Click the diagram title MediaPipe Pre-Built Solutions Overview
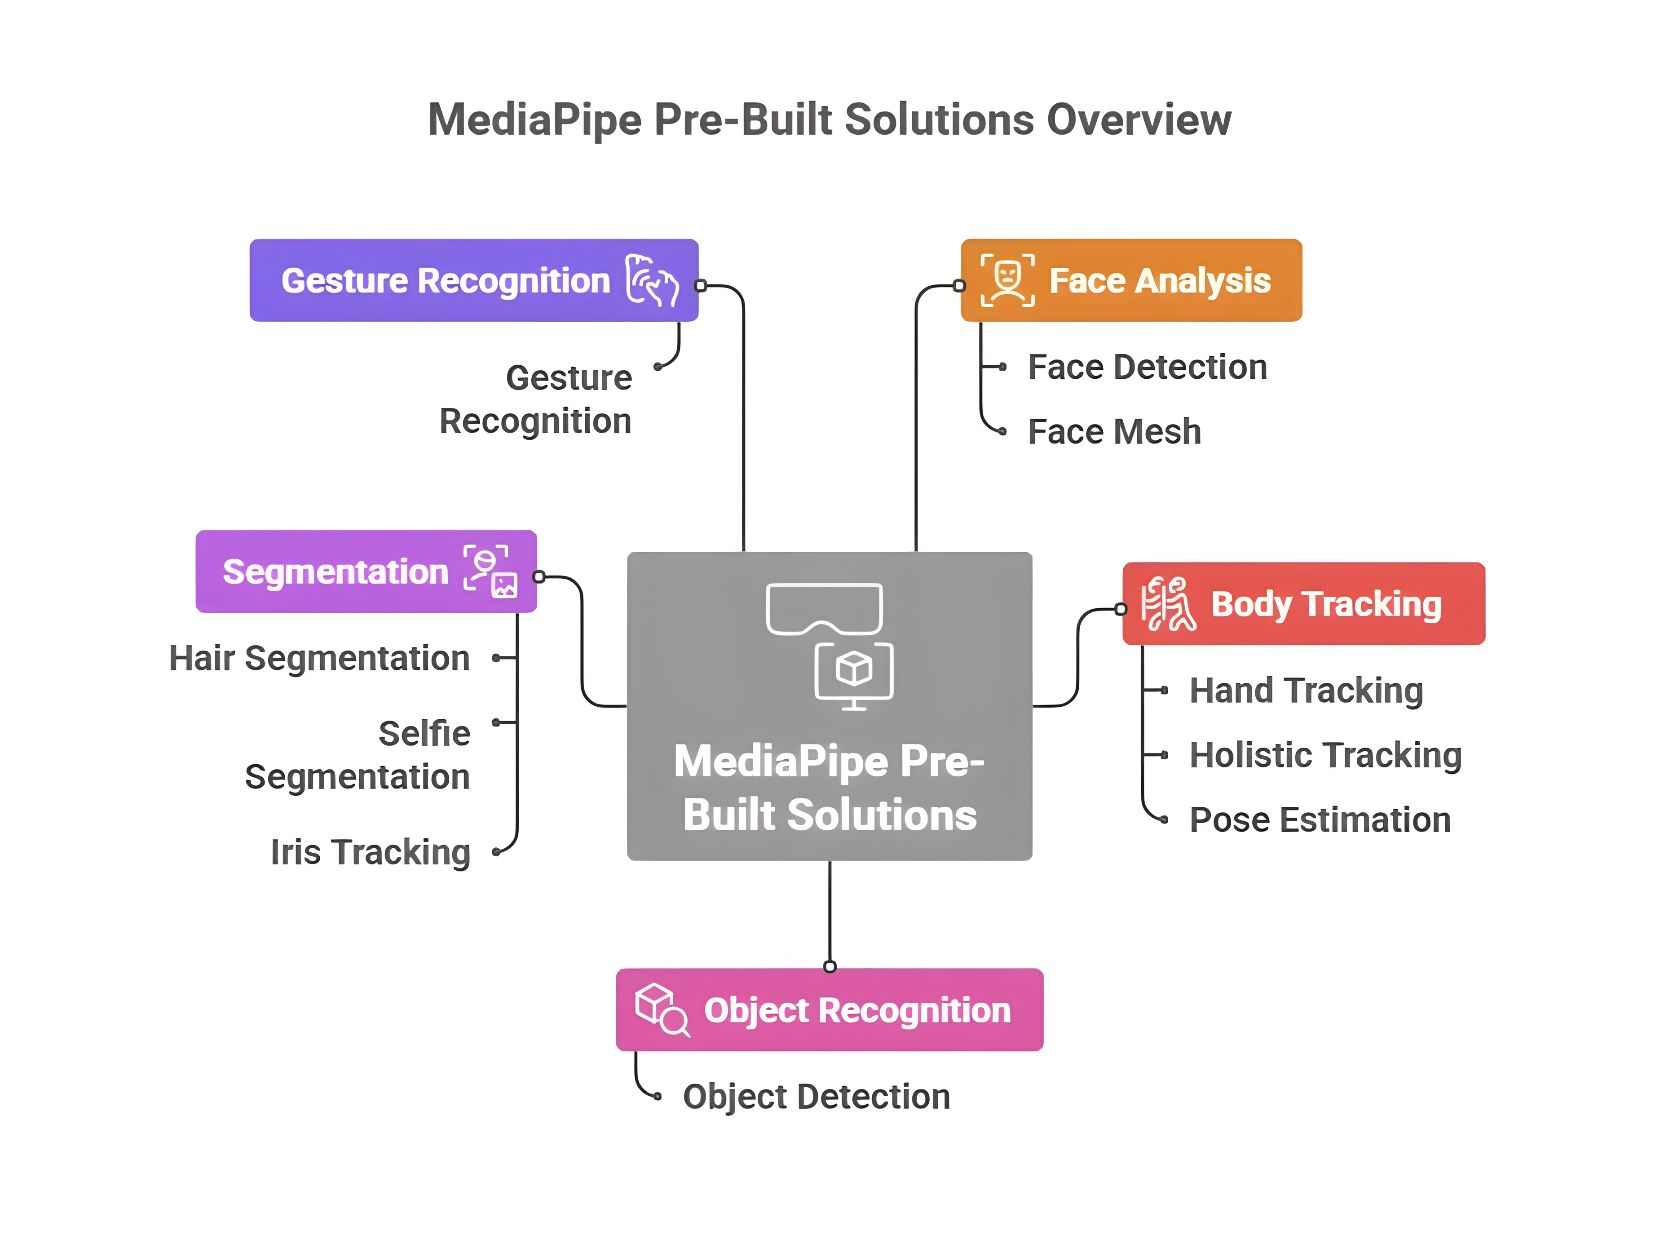point(829,120)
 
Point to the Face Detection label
point(1147,367)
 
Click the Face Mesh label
point(1114,432)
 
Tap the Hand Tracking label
point(1306,691)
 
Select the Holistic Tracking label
point(1325,755)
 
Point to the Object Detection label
point(816,1097)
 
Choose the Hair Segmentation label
point(320,658)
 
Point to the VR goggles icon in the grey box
point(824,608)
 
